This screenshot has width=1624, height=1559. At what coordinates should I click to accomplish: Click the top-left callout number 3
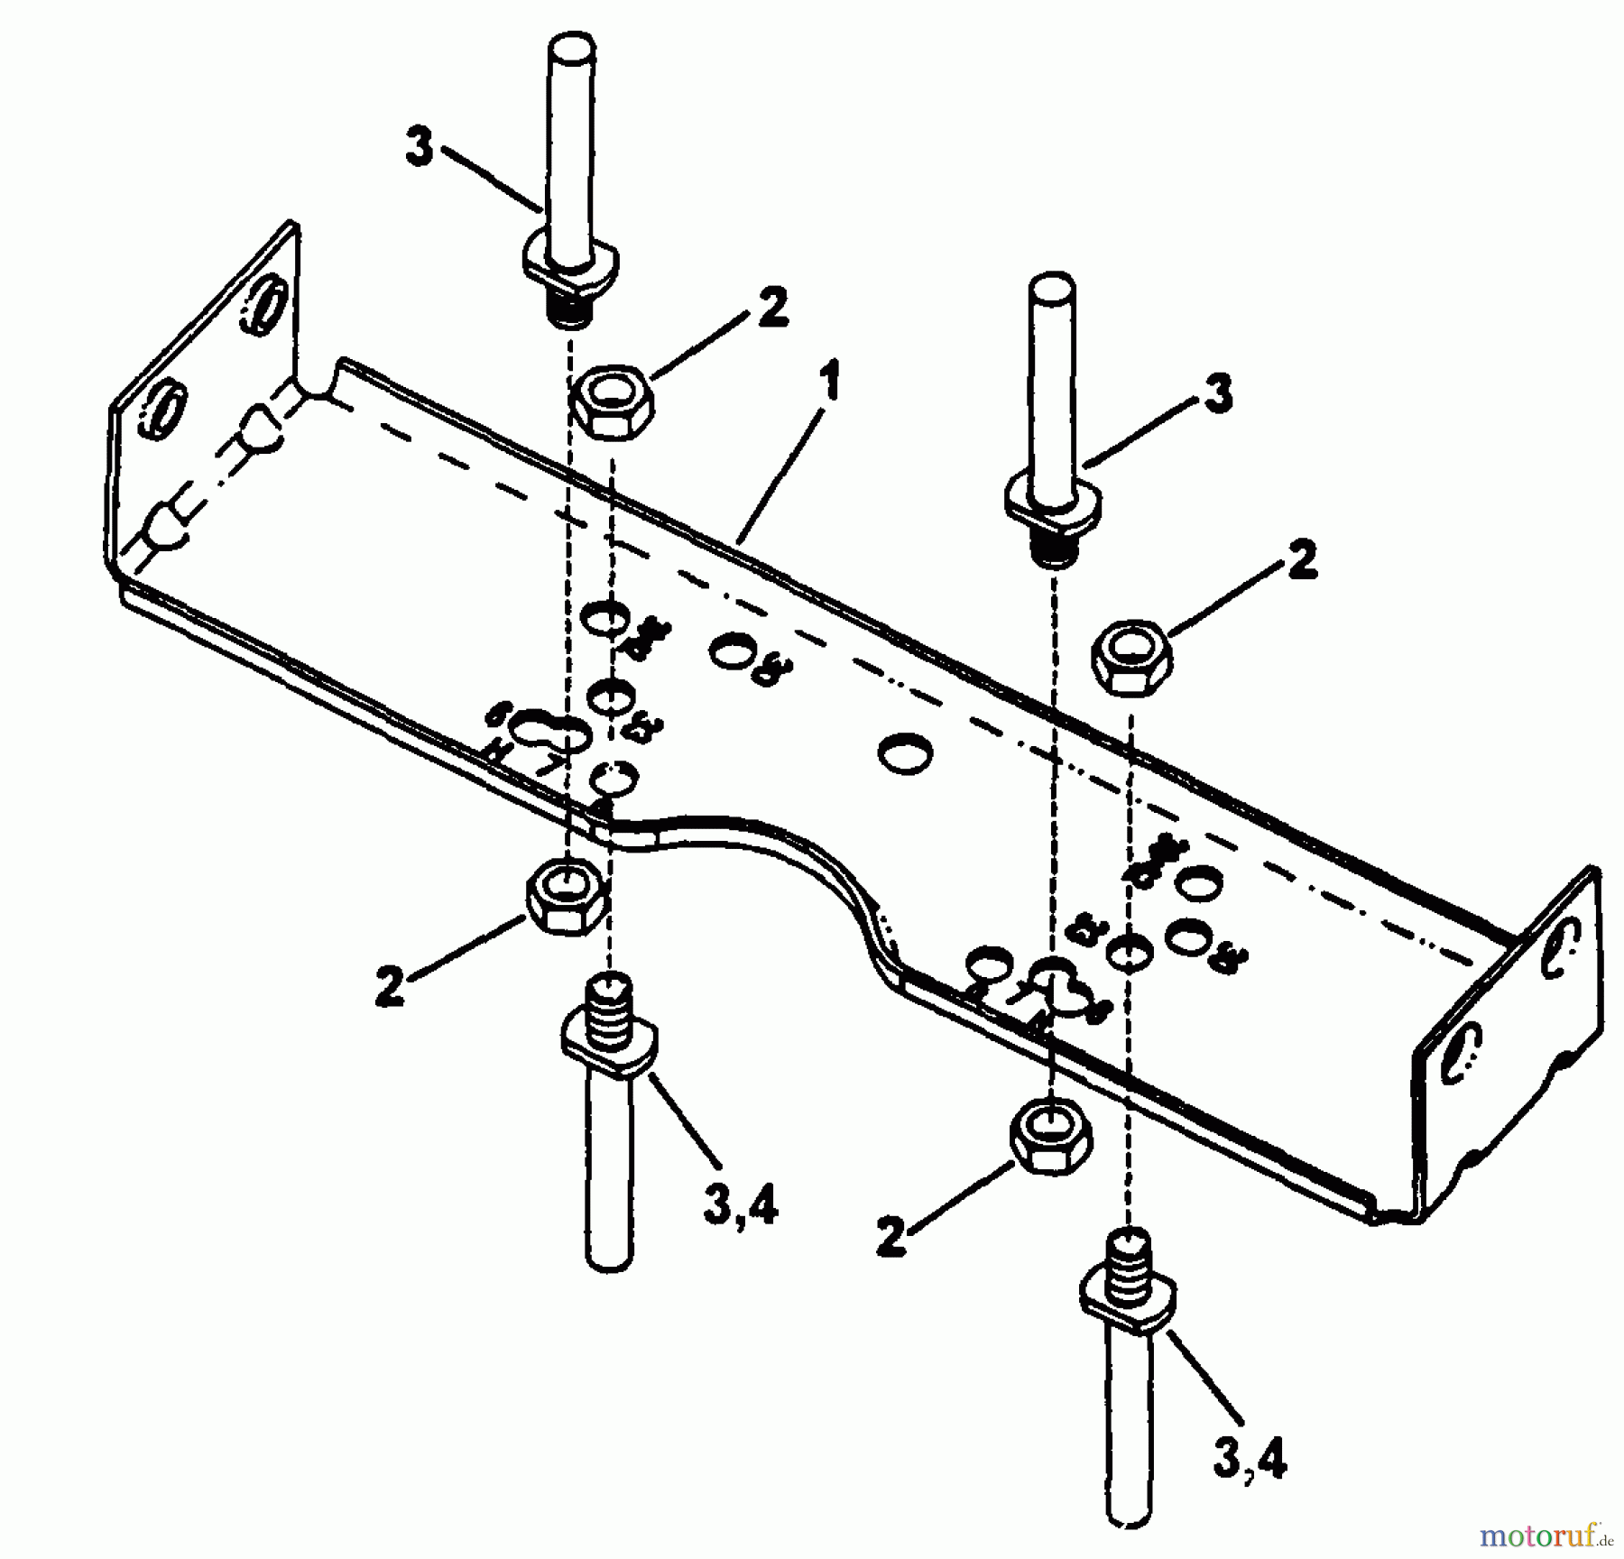click(x=420, y=148)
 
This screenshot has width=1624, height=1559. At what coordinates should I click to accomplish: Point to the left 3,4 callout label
click(x=739, y=1206)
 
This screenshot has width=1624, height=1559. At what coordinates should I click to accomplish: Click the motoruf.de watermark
click(x=1542, y=1533)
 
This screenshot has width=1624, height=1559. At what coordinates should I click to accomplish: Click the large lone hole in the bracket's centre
click(x=907, y=752)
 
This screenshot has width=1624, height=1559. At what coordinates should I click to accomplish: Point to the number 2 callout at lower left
click(x=390, y=986)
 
